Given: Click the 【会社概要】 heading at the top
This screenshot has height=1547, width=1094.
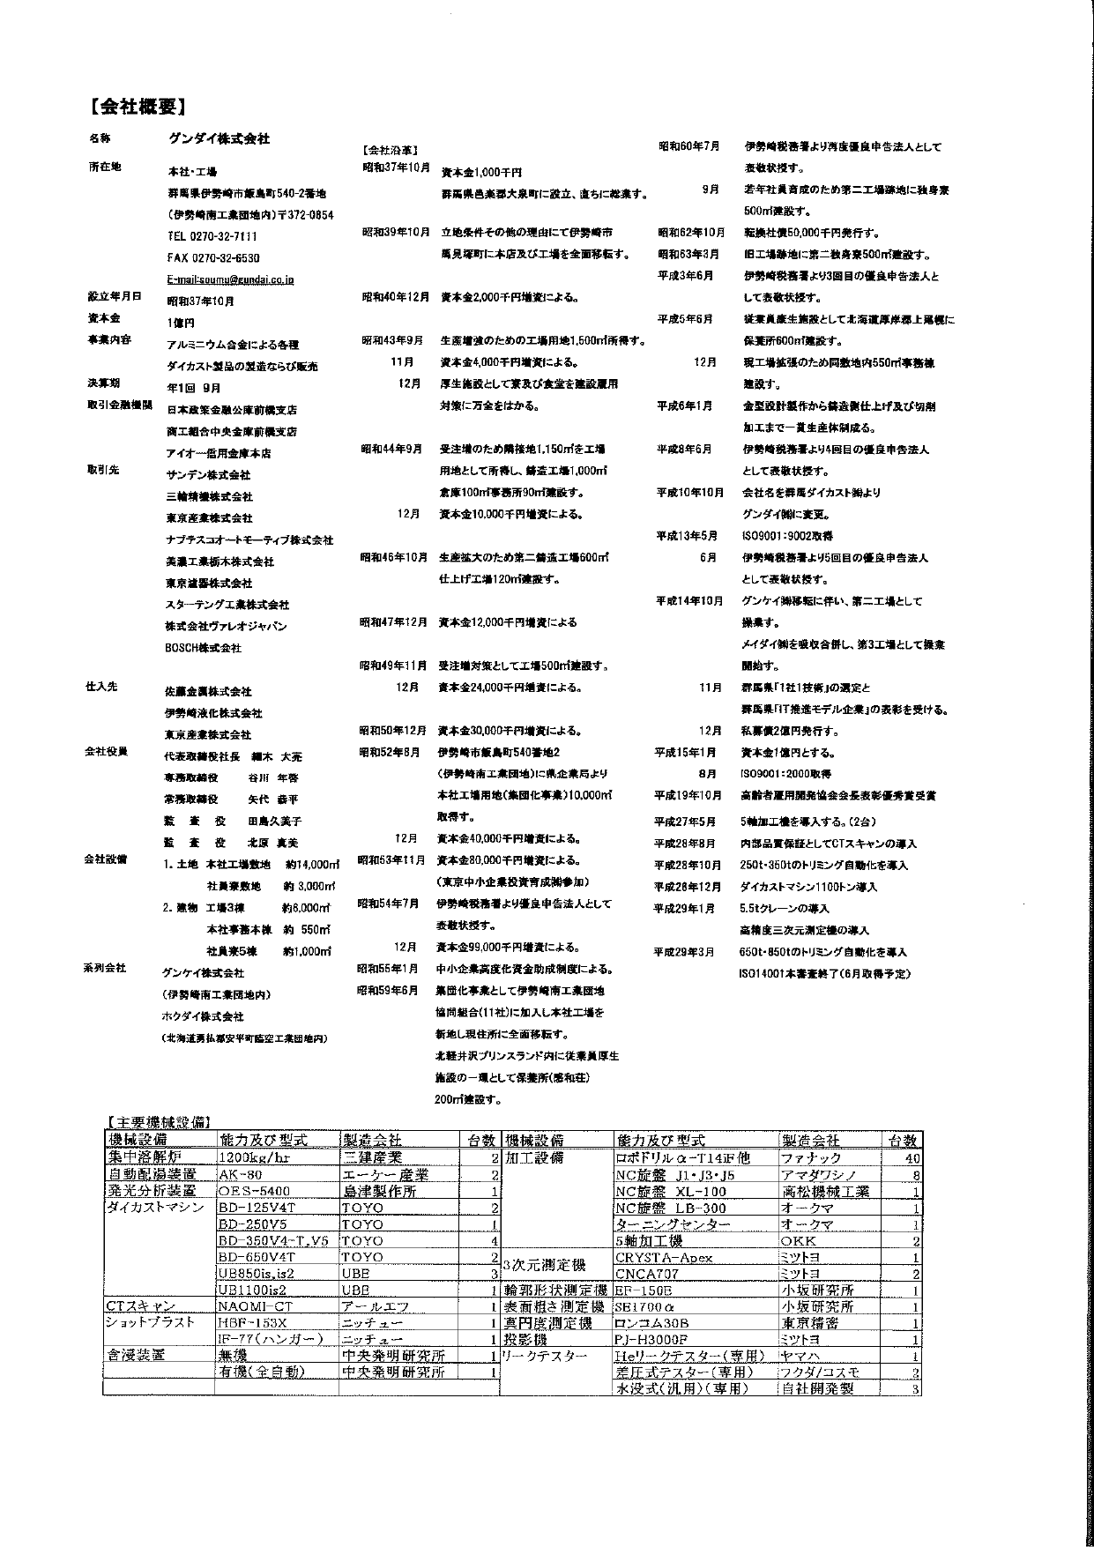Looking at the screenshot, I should click(136, 108).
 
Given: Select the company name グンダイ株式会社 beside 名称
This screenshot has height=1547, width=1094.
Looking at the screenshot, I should click(219, 139).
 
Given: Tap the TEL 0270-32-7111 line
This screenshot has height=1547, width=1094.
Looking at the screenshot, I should click(212, 236).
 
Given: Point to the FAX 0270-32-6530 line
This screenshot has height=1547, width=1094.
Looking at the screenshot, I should click(213, 258).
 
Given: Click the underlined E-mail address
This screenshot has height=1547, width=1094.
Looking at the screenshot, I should click(230, 279).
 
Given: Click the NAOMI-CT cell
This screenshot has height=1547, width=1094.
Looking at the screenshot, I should click(252, 1306).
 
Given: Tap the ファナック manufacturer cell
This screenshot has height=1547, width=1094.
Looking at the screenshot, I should click(811, 1158).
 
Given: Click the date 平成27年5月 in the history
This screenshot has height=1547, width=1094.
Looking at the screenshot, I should click(684, 822).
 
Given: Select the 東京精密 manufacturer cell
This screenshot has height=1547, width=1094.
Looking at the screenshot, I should click(809, 1323).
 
